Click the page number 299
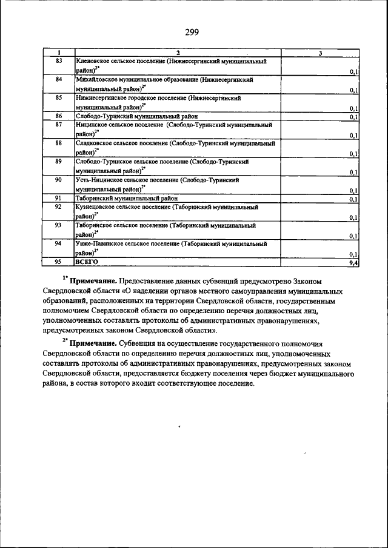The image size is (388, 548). tap(193, 31)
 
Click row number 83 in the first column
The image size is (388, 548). tap(59, 61)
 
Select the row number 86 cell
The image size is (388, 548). tap(59, 116)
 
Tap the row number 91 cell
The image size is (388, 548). tap(59, 198)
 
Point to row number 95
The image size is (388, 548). tap(59, 262)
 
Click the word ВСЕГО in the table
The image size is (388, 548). tap(86, 262)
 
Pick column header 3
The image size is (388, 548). tap(319, 53)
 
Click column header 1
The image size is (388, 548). tap(59, 53)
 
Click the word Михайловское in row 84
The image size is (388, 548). tap(96, 79)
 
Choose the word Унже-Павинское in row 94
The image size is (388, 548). tap(99, 243)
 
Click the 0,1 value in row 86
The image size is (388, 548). tap(354, 116)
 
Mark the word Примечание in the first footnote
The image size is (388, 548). tap(93, 282)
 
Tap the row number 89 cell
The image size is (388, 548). tap(59, 162)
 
